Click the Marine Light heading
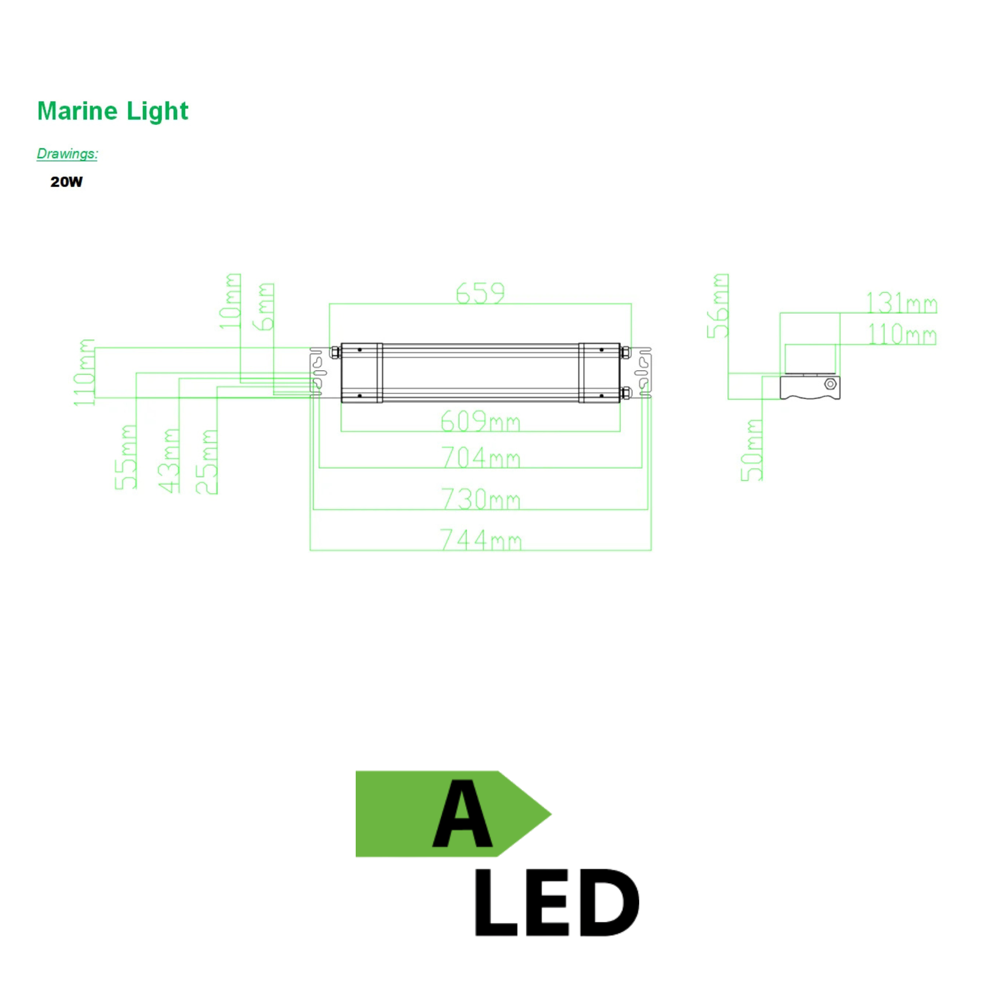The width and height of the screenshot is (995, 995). (x=113, y=111)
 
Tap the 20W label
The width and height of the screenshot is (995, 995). (x=67, y=182)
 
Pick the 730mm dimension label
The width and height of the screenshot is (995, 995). (x=480, y=498)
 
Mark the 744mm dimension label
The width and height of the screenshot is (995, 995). (x=480, y=540)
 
